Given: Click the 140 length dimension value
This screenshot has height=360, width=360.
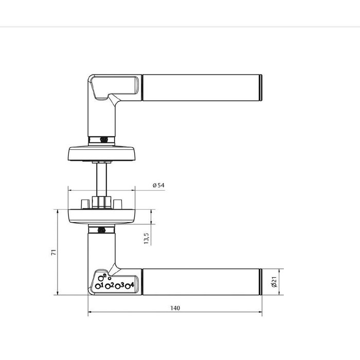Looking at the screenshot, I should coord(175,308).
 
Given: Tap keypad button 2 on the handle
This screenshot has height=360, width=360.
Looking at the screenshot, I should coord(109,286).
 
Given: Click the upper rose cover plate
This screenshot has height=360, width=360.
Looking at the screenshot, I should coord(101,153).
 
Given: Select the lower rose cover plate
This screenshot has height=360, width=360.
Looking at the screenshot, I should coord(101,216).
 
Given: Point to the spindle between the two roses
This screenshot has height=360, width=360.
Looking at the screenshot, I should coord(101,177).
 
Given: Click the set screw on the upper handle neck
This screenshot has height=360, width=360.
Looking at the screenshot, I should coord(102,138).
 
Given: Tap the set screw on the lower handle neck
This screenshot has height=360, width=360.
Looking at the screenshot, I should coord(102,230).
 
